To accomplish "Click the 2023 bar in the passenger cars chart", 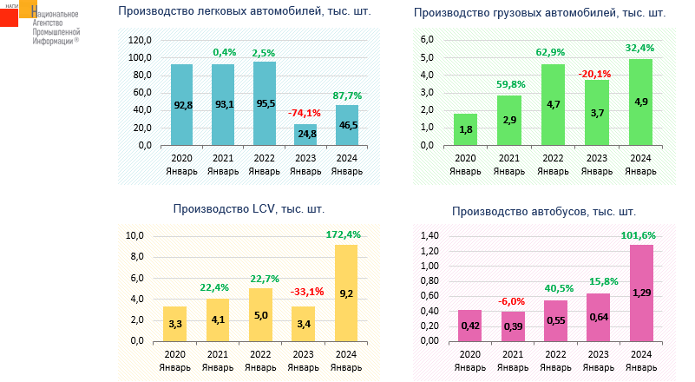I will click(305, 135).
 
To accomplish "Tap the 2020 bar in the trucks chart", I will click(465, 129).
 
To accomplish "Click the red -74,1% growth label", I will click(304, 112).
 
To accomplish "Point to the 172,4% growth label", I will click(347, 234).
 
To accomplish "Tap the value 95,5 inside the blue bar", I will click(265, 104).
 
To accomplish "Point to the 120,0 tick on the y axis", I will click(139, 41).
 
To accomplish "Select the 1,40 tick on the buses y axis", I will click(429, 236).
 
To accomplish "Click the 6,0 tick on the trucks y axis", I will click(427, 41).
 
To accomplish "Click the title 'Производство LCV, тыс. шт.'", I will click(249, 208).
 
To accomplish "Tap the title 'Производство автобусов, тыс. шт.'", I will click(544, 211).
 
